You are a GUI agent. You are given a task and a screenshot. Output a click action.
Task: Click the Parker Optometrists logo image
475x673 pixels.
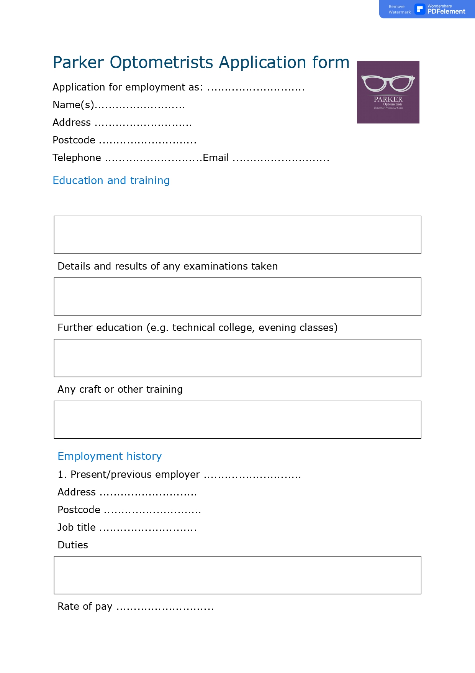pyautogui.click(x=388, y=92)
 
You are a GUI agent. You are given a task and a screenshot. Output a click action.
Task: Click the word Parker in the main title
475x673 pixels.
pyautogui.click(x=78, y=63)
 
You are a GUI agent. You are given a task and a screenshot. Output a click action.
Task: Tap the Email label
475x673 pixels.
pyautogui.click(x=216, y=158)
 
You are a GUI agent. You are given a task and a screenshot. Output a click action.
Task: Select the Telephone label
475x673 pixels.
pyautogui.click(x=77, y=158)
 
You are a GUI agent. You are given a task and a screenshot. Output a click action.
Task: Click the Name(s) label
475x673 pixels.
pyautogui.click(x=73, y=105)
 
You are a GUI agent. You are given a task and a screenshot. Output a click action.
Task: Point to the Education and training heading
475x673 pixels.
pyautogui.click(x=111, y=180)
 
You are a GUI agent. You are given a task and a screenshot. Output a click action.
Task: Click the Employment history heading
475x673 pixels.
pyautogui.click(x=110, y=456)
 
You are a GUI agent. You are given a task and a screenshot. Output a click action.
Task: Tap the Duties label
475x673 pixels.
pyautogui.click(x=73, y=545)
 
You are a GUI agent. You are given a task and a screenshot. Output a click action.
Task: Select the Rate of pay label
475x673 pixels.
pyautogui.click(x=85, y=606)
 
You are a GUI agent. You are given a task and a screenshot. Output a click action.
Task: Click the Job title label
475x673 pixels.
pyautogui.click(x=77, y=527)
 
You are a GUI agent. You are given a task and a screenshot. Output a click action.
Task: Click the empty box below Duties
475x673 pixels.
pyautogui.click(x=237, y=575)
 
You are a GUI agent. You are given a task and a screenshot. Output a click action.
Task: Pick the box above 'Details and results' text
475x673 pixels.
pyautogui.click(x=237, y=235)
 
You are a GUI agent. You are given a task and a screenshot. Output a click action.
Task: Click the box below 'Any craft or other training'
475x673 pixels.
pyautogui.click(x=237, y=420)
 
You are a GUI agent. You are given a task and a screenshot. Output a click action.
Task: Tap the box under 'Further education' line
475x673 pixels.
pyautogui.click(x=237, y=358)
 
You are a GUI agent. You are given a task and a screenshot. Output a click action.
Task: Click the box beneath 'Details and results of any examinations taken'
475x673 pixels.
pyautogui.click(x=237, y=296)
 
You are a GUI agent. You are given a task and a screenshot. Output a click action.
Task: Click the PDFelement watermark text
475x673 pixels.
pyautogui.click(x=446, y=12)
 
